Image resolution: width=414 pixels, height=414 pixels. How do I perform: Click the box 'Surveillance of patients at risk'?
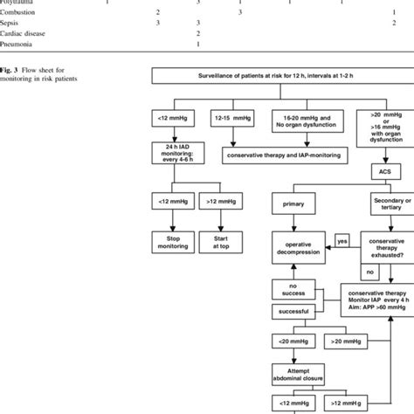point(274,79)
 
